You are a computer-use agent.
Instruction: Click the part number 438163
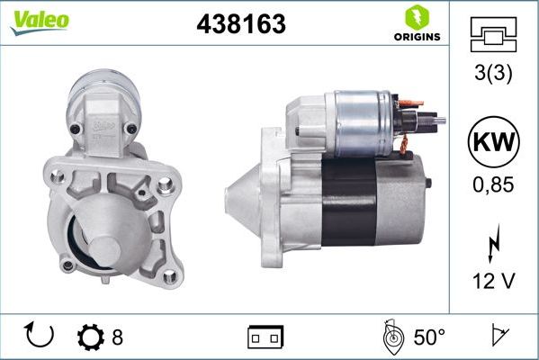coord(240,24)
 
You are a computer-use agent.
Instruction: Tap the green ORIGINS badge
coord(416,23)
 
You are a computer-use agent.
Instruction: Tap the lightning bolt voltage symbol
coord(491,246)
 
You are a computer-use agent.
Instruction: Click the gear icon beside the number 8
coord(91,337)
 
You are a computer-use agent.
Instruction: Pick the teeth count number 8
coord(118,337)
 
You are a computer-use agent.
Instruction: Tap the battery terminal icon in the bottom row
coord(265,337)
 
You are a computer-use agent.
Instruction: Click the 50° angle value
coord(429,337)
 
